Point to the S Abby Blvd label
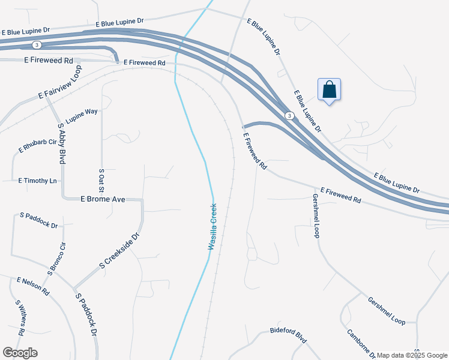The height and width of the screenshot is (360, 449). click(61, 143)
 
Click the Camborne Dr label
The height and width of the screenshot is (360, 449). click(361, 344)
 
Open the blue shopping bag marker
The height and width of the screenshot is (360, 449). click(329, 90)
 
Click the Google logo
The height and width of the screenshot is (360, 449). click(20, 353)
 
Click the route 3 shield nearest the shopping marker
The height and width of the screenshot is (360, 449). click(289, 116)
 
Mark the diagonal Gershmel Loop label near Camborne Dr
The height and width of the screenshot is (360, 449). click(387, 311)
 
